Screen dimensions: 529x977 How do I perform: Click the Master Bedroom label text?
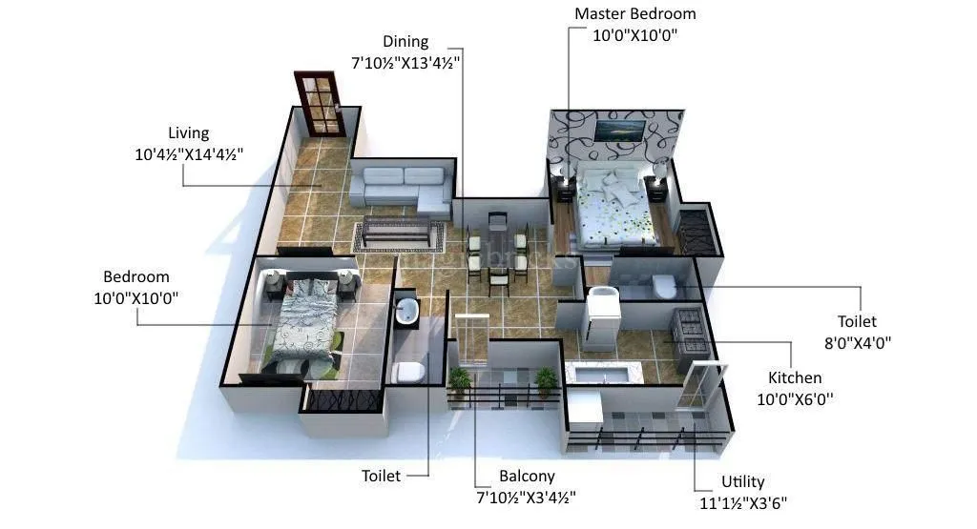click(634, 14)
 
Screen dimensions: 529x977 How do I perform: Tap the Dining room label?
click(405, 42)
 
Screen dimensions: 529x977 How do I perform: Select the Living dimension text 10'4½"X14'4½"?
click(188, 153)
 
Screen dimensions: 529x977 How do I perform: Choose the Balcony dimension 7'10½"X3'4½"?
click(526, 497)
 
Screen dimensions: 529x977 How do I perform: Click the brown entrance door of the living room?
click(319, 103)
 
